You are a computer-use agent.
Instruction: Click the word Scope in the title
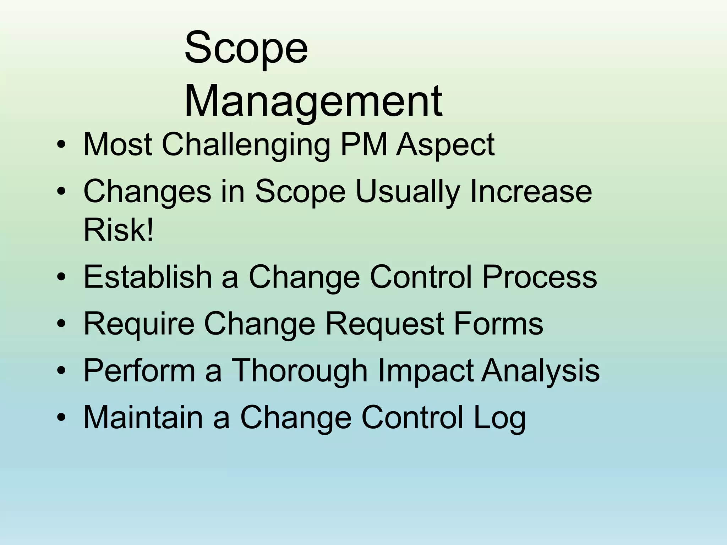click(246, 48)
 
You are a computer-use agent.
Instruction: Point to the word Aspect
click(445, 145)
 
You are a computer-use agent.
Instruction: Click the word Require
click(139, 324)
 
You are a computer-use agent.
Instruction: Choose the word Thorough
click(300, 371)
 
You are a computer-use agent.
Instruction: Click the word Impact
click(425, 371)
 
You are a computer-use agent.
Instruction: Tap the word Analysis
click(540, 371)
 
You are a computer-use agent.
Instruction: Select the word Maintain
click(143, 417)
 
